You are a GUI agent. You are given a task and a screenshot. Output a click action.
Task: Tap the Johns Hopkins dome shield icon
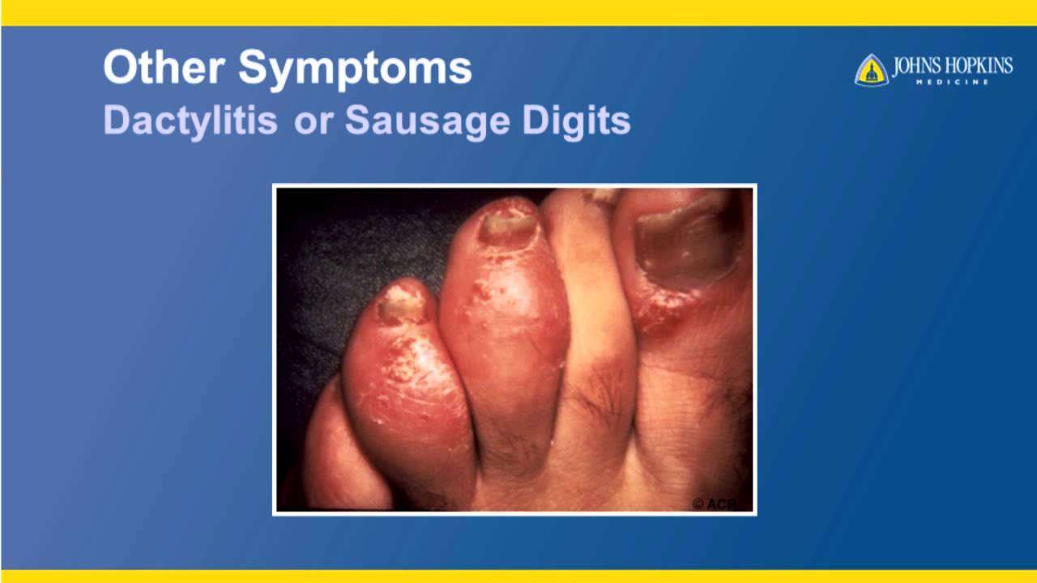tap(871, 70)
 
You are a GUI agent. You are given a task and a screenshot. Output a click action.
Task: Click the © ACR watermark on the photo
tap(715, 504)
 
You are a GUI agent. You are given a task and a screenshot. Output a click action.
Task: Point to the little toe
tap(332, 453)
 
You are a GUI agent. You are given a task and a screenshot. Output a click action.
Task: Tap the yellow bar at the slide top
tap(518, 12)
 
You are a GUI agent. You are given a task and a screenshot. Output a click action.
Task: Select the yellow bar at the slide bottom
tap(518, 576)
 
